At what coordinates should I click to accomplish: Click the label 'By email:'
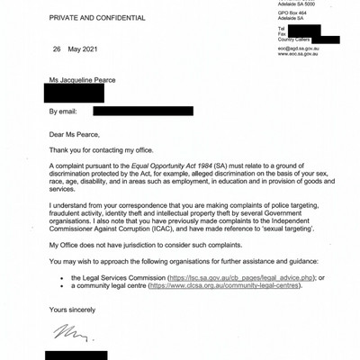point(66,112)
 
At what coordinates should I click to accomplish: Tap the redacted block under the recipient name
point(76,92)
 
